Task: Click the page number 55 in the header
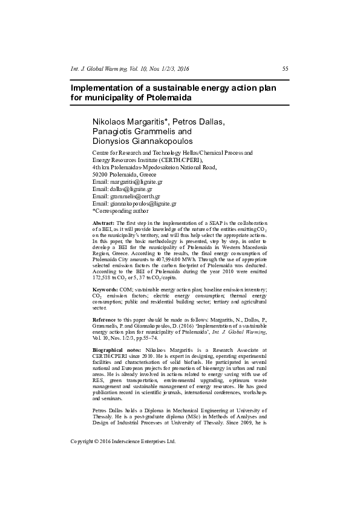[286, 70]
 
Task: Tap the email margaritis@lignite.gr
[136, 181]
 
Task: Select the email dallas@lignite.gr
[131, 189]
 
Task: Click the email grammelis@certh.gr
[135, 196]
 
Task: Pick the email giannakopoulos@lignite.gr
[143, 204]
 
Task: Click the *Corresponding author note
[120, 211]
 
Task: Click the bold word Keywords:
[105, 290]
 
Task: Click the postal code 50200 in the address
[100, 174]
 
